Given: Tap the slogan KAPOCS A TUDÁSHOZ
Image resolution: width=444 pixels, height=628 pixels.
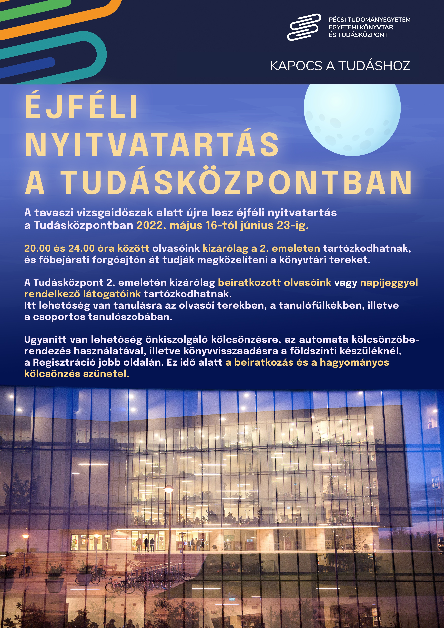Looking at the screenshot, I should point(340,66).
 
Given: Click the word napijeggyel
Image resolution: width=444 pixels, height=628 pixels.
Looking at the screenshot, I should point(389,283).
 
